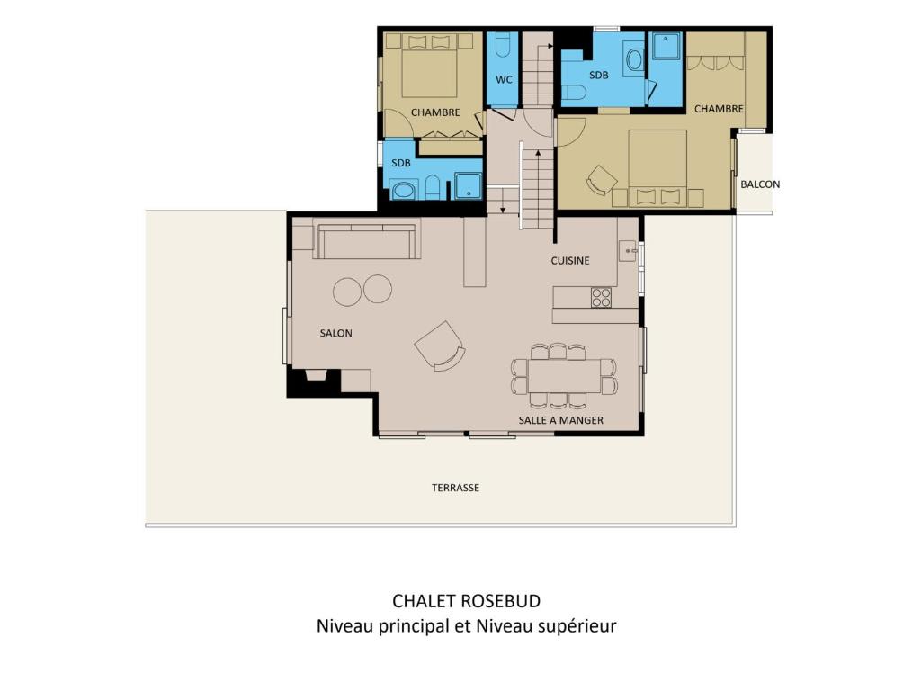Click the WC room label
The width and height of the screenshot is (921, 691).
[x=504, y=79]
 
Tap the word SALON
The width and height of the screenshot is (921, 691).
[x=336, y=333]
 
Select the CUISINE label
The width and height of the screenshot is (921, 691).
[x=569, y=260]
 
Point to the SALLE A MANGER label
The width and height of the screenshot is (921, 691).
[x=561, y=420]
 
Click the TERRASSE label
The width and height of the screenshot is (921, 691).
[x=455, y=488]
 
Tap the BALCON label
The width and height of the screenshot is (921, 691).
[x=760, y=184]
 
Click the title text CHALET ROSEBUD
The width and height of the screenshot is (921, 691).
[x=467, y=600]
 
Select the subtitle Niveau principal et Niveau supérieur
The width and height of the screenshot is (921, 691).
[x=467, y=626]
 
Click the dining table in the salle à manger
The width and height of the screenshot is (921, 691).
[x=565, y=376]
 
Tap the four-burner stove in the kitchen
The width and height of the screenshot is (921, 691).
[x=601, y=297]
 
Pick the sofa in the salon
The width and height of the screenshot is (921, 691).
[x=367, y=241]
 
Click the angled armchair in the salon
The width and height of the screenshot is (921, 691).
[x=440, y=345]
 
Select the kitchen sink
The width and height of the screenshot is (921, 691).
[x=628, y=250]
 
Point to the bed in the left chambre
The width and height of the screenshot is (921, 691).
[x=429, y=65]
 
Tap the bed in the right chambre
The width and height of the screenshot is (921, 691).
[x=657, y=167]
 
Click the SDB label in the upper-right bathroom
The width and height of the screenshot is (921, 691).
[x=598, y=76]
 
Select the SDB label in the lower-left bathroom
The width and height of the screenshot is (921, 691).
[x=400, y=163]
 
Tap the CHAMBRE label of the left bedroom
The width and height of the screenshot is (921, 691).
[x=435, y=112]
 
